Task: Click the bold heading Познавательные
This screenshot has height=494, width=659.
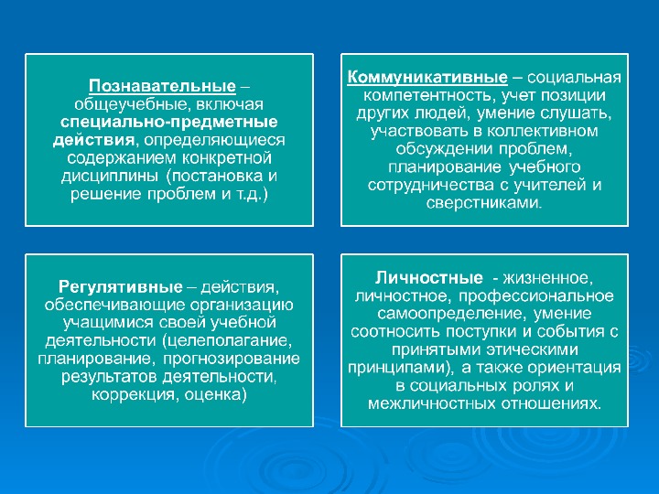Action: click(x=162, y=87)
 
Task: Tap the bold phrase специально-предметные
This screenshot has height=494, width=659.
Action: click(x=169, y=123)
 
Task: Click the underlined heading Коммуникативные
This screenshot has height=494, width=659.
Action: click(x=427, y=78)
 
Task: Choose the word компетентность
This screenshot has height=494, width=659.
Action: click(x=427, y=96)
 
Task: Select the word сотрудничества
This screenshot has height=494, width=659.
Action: click(x=425, y=185)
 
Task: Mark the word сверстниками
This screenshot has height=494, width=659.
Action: click(x=484, y=203)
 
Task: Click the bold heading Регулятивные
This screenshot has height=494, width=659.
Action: click(x=121, y=287)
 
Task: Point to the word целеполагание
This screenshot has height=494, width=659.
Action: click(x=227, y=340)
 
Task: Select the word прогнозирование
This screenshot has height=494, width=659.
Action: click(x=232, y=359)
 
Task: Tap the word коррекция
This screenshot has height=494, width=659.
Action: click(x=134, y=395)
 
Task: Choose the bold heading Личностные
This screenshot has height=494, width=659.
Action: click(x=429, y=278)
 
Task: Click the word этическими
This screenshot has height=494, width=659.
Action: click(x=532, y=349)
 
